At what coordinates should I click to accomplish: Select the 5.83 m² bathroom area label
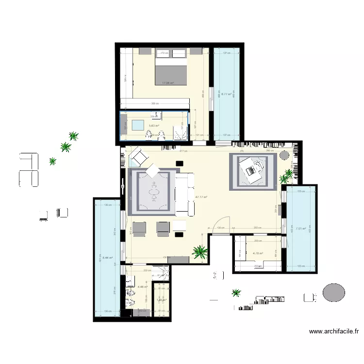[x=154, y=125]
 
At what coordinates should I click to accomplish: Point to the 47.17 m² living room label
[x=201, y=197]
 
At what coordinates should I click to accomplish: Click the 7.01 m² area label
[x=301, y=229]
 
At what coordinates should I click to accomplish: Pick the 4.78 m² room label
[x=258, y=253]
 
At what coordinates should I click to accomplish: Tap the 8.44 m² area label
[x=108, y=258]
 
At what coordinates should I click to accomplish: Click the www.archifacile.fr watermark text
[x=334, y=332]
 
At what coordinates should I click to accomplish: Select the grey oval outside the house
[x=334, y=293]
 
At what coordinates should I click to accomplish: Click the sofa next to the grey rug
[x=184, y=194]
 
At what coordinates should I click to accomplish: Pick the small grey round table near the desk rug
[x=284, y=156]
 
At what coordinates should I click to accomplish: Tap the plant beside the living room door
[x=199, y=251]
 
